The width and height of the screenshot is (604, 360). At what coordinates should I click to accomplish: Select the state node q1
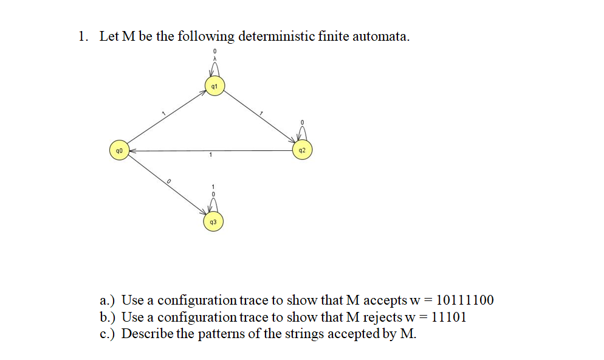(x=214, y=86)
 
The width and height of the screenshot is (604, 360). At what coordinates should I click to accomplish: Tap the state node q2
(x=303, y=150)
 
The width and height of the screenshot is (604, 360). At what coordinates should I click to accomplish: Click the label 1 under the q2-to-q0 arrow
(x=210, y=156)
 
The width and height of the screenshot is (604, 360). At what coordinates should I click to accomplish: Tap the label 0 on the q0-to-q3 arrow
(x=168, y=182)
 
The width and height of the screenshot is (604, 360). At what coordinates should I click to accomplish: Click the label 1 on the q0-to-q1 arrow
(x=162, y=113)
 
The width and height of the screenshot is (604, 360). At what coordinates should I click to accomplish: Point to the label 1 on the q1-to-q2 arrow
(x=261, y=114)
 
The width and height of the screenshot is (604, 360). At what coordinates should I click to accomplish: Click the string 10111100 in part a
(x=465, y=300)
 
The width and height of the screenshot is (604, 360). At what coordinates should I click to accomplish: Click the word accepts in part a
(x=385, y=300)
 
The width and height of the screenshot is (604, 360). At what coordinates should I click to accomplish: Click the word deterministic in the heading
(x=276, y=36)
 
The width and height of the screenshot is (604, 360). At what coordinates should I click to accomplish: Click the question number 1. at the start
(x=83, y=36)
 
